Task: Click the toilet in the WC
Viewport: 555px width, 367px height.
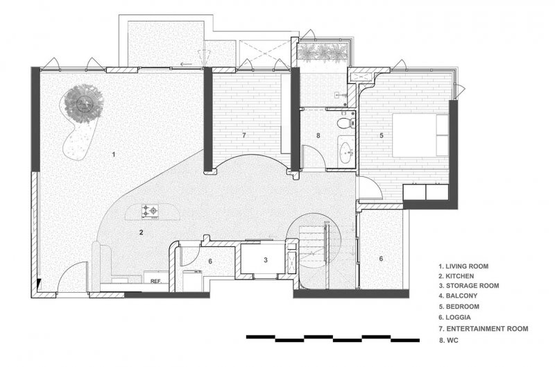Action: point(345,123)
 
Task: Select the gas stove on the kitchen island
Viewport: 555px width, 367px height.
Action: point(150,211)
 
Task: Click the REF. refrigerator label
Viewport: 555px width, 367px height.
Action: point(156,282)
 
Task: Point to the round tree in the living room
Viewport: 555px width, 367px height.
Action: point(84,103)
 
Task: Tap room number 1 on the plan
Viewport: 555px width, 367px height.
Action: point(114,154)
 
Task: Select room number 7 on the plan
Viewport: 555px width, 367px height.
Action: point(244,135)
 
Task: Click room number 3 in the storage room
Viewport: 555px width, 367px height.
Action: point(266,260)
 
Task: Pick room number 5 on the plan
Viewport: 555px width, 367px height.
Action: point(382,135)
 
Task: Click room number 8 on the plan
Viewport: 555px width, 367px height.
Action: point(318,135)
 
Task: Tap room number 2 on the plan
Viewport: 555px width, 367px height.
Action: point(142,232)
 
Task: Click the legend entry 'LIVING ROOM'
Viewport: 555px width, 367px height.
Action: point(463,266)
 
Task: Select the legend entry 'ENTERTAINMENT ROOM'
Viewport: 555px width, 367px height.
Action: point(483,329)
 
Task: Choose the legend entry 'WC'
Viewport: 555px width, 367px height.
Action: point(448,341)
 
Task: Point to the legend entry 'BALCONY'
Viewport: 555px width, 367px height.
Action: point(458,296)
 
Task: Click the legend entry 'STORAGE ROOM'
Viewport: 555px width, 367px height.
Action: point(469,286)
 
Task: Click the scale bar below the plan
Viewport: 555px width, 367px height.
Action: point(333,339)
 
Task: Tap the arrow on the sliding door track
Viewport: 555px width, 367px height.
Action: point(186,65)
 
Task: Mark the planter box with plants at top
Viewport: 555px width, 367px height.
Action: point(322,51)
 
